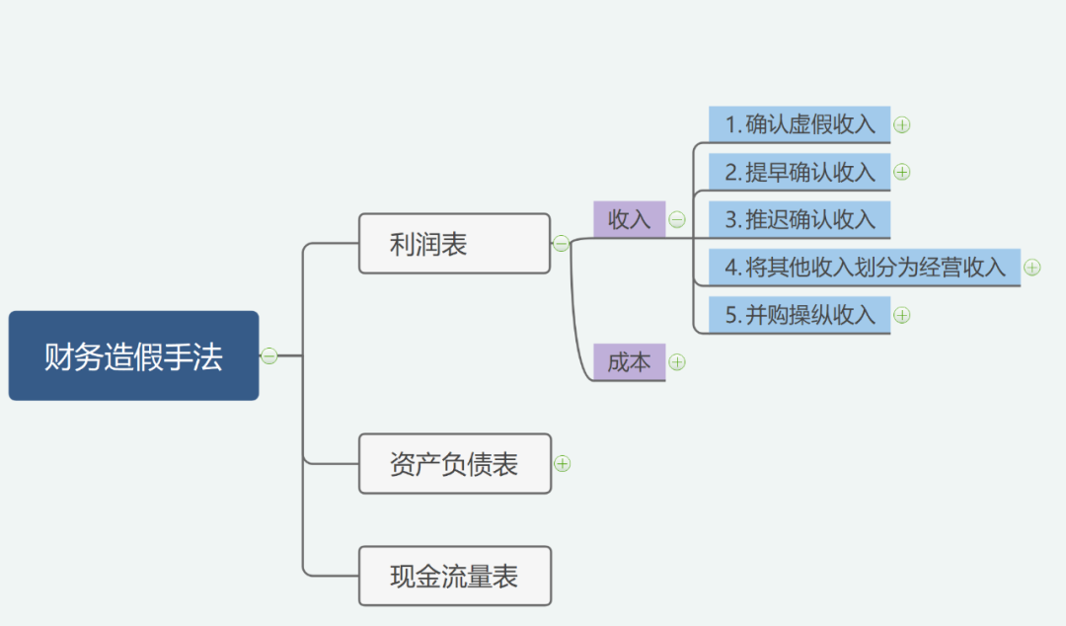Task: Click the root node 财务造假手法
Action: pos(133,355)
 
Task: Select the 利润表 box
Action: pos(454,244)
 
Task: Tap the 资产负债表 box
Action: pos(455,463)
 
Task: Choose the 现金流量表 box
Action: pos(455,576)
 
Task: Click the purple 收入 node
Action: pos(629,219)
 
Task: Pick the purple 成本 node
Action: pos(629,362)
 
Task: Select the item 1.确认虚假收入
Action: pos(799,124)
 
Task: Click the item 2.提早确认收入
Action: pos(799,172)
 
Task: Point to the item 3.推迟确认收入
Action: pos(799,220)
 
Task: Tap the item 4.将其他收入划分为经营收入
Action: pos(864,268)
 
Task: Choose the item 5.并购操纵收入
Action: pos(799,315)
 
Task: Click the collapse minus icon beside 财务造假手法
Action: pos(269,355)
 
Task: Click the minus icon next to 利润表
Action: pos(561,244)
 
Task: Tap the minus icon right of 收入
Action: pos(677,219)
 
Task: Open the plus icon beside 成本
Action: pos(677,362)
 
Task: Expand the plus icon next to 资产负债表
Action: pos(563,463)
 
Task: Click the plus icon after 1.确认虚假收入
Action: pos(901,125)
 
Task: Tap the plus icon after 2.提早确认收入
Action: pos(901,172)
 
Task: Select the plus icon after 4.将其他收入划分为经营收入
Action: pos(1032,268)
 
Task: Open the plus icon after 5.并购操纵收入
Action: pos(901,315)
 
